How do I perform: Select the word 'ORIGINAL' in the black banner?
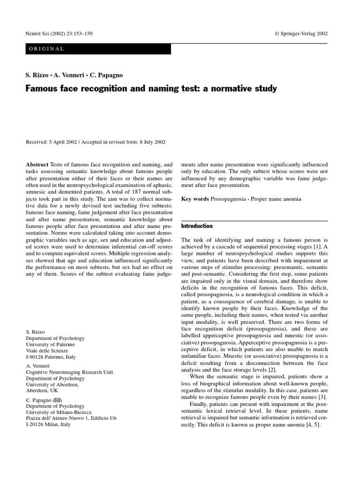46,49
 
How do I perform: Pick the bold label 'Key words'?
195,199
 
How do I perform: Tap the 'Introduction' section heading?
197,226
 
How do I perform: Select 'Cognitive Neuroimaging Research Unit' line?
69,372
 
